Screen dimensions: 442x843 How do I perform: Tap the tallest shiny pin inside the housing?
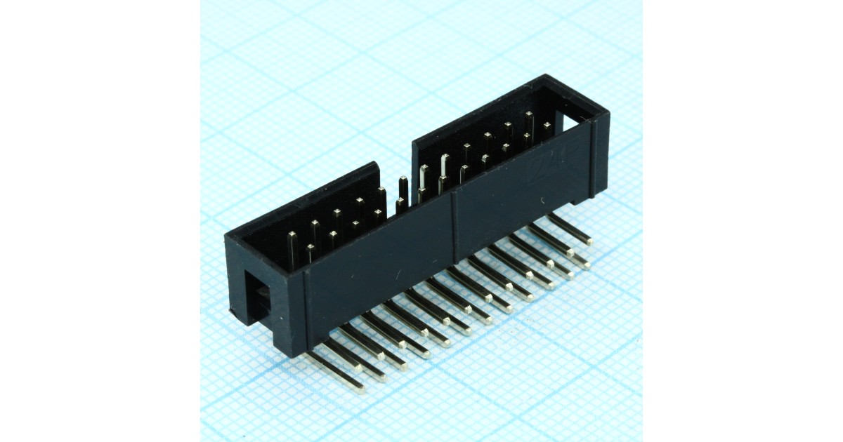coord(444,167)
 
